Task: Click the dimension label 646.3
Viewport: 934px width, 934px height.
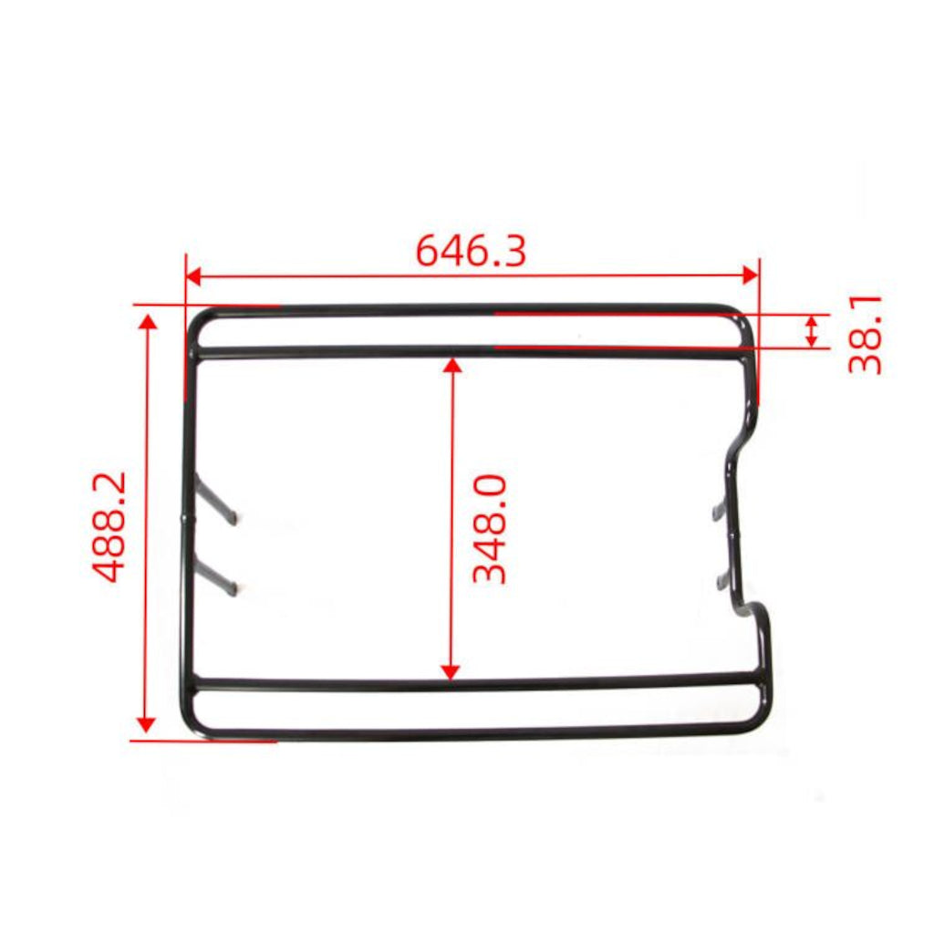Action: pos(471,251)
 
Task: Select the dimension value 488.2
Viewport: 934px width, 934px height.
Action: pos(109,527)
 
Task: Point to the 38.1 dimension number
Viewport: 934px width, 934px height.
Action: pos(865,334)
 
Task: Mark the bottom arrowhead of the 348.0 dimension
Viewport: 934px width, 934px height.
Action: pos(450,671)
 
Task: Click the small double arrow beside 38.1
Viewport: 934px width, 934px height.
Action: pos(812,330)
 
